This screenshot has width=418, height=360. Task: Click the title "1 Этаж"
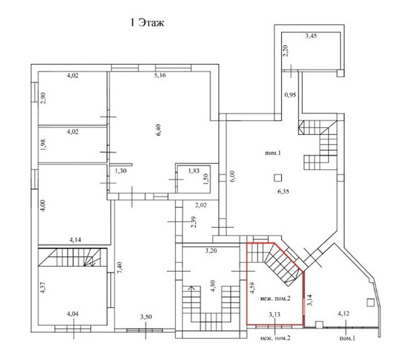pyautogui.click(x=147, y=23)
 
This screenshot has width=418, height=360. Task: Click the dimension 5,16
pyautogui.click(x=160, y=75)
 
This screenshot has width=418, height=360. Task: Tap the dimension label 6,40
pyautogui.click(x=159, y=130)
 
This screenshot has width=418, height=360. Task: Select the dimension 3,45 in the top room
pyautogui.click(x=311, y=35)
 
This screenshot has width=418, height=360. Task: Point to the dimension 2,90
pyautogui.click(x=43, y=98)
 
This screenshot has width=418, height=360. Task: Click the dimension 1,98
pyautogui.click(x=43, y=145)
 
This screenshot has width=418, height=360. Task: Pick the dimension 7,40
pyautogui.click(x=119, y=268)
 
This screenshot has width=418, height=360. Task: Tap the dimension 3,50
pyautogui.click(x=146, y=317)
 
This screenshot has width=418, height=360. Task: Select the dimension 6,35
pyautogui.click(x=283, y=191)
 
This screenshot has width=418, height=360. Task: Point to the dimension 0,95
pyautogui.click(x=290, y=95)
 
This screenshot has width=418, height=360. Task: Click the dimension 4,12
pyautogui.click(x=344, y=314)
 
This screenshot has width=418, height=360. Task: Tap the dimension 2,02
pyautogui.click(x=201, y=205)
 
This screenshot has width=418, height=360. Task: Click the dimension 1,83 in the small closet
pyautogui.click(x=194, y=170)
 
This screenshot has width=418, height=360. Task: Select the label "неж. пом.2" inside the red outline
pyautogui.click(x=275, y=298)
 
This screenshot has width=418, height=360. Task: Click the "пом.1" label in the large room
pyautogui.click(x=273, y=153)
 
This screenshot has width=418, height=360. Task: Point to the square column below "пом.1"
pyautogui.click(x=278, y=178)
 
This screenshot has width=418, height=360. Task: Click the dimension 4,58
pyautogui.click(x=252, y=288)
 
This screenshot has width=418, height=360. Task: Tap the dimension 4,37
pyautogui.click(x=43, y=287)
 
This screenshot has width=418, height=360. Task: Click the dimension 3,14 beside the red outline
pyautogui.click(x=309, y=300)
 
